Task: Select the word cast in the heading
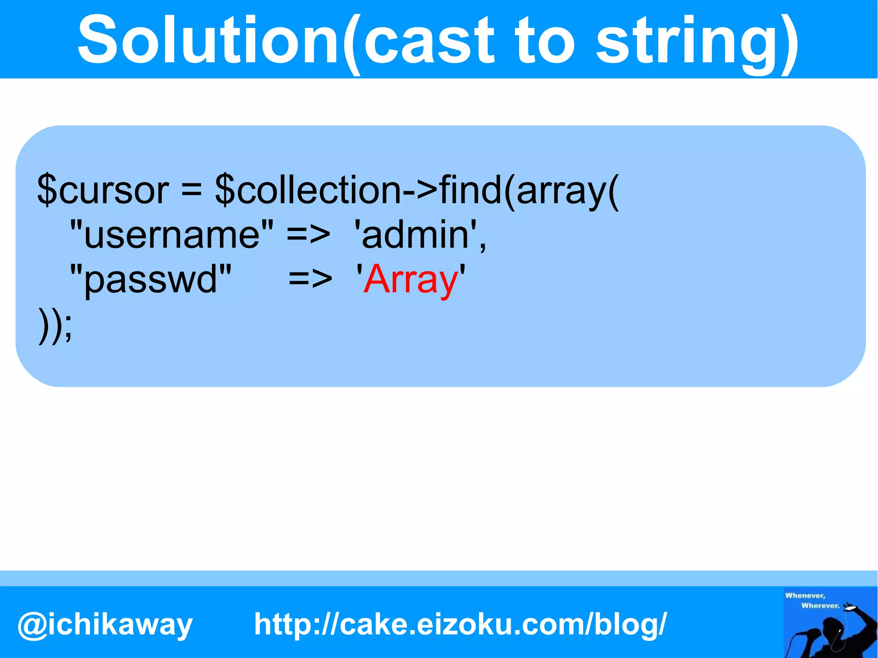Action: (429, 41)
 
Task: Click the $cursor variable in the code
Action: (103, 190)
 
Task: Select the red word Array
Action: (411, 280)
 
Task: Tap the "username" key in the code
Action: (171, 234)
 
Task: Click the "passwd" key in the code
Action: (150, 279)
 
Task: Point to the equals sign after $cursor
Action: (191, 190)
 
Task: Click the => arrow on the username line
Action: (308, 235)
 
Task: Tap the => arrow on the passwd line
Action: (310, 280)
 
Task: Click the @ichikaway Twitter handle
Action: (105, 624)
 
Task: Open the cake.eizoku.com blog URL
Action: (460, 624)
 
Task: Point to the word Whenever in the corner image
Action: (805, 595)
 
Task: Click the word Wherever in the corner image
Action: (820, 606)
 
